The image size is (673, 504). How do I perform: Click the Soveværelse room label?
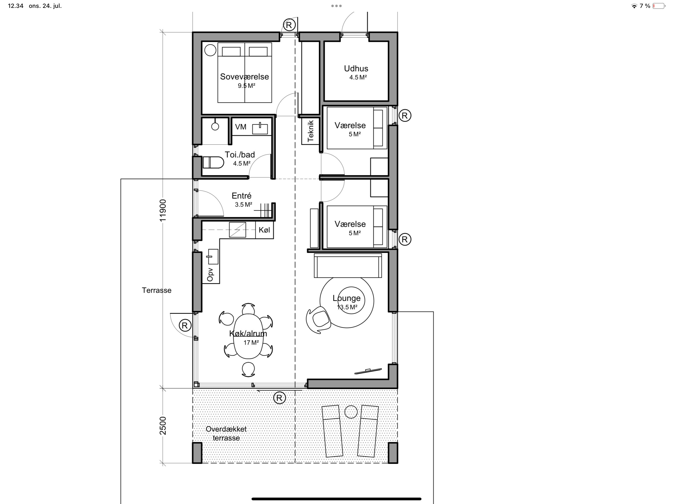click(x=244, y=77)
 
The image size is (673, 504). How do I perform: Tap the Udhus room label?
click(x=356, y=68)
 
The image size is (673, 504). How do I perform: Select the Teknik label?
click(x=310, y=131)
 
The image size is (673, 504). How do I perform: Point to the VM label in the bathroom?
click(x=241, y=127)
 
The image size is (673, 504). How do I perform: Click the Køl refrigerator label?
click(x=264, y=230)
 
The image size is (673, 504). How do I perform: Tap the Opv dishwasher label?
click(x=210, y=274)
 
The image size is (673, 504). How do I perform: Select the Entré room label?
click(x=242, y=195)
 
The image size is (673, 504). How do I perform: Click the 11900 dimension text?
click(x=163, y=210)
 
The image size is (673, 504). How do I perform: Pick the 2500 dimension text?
click(x=163, y=425)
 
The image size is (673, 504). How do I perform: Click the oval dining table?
click(x=249, y=336)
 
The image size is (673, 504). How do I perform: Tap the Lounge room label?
click(x=347, y=298)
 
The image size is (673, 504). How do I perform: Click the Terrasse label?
click(x=156, y=290)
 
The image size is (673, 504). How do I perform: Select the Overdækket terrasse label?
click(x=226, y=433)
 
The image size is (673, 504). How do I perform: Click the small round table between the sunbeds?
click(x=351, y=412)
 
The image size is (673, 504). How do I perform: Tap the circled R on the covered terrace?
click(x=280, y=398)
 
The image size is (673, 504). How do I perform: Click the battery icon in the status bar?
click(x=659, y=6)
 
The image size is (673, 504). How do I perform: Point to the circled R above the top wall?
click(x=289, y=25)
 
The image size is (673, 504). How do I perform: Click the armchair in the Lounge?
click(x=319, y=320)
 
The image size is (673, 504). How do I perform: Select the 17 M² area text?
click(x=251, y=343)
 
